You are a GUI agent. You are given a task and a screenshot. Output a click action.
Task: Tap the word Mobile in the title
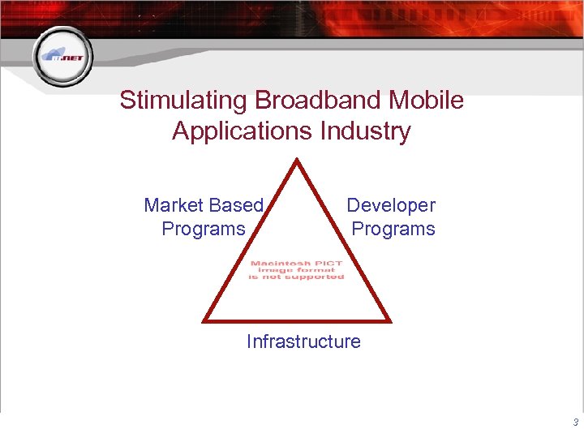coord(430,101)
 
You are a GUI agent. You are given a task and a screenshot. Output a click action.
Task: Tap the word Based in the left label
coord(236,206)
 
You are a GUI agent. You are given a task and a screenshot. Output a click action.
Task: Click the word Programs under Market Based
coord(204,230)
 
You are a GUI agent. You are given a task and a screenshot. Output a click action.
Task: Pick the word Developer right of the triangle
coord(391,206)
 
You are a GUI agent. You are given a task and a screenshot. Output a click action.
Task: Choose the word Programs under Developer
coord(393,230)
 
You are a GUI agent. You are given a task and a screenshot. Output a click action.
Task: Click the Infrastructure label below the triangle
coord(303,341)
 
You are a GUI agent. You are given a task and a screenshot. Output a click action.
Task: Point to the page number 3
coord(575,423)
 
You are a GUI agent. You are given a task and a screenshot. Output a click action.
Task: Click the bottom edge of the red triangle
coord(298,320)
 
